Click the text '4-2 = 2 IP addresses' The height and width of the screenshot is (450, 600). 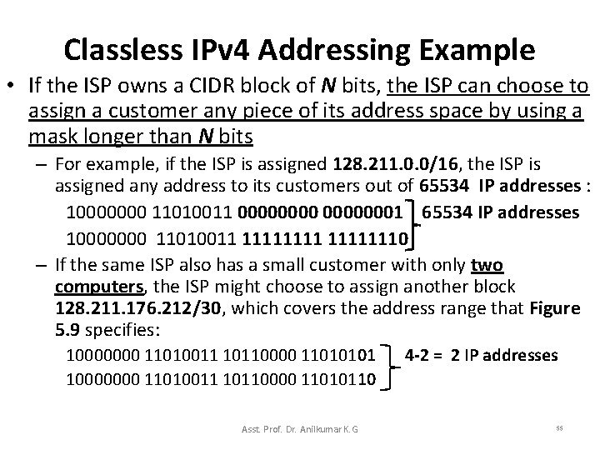coord(481,355)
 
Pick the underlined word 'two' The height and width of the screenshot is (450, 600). coord(487,266)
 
